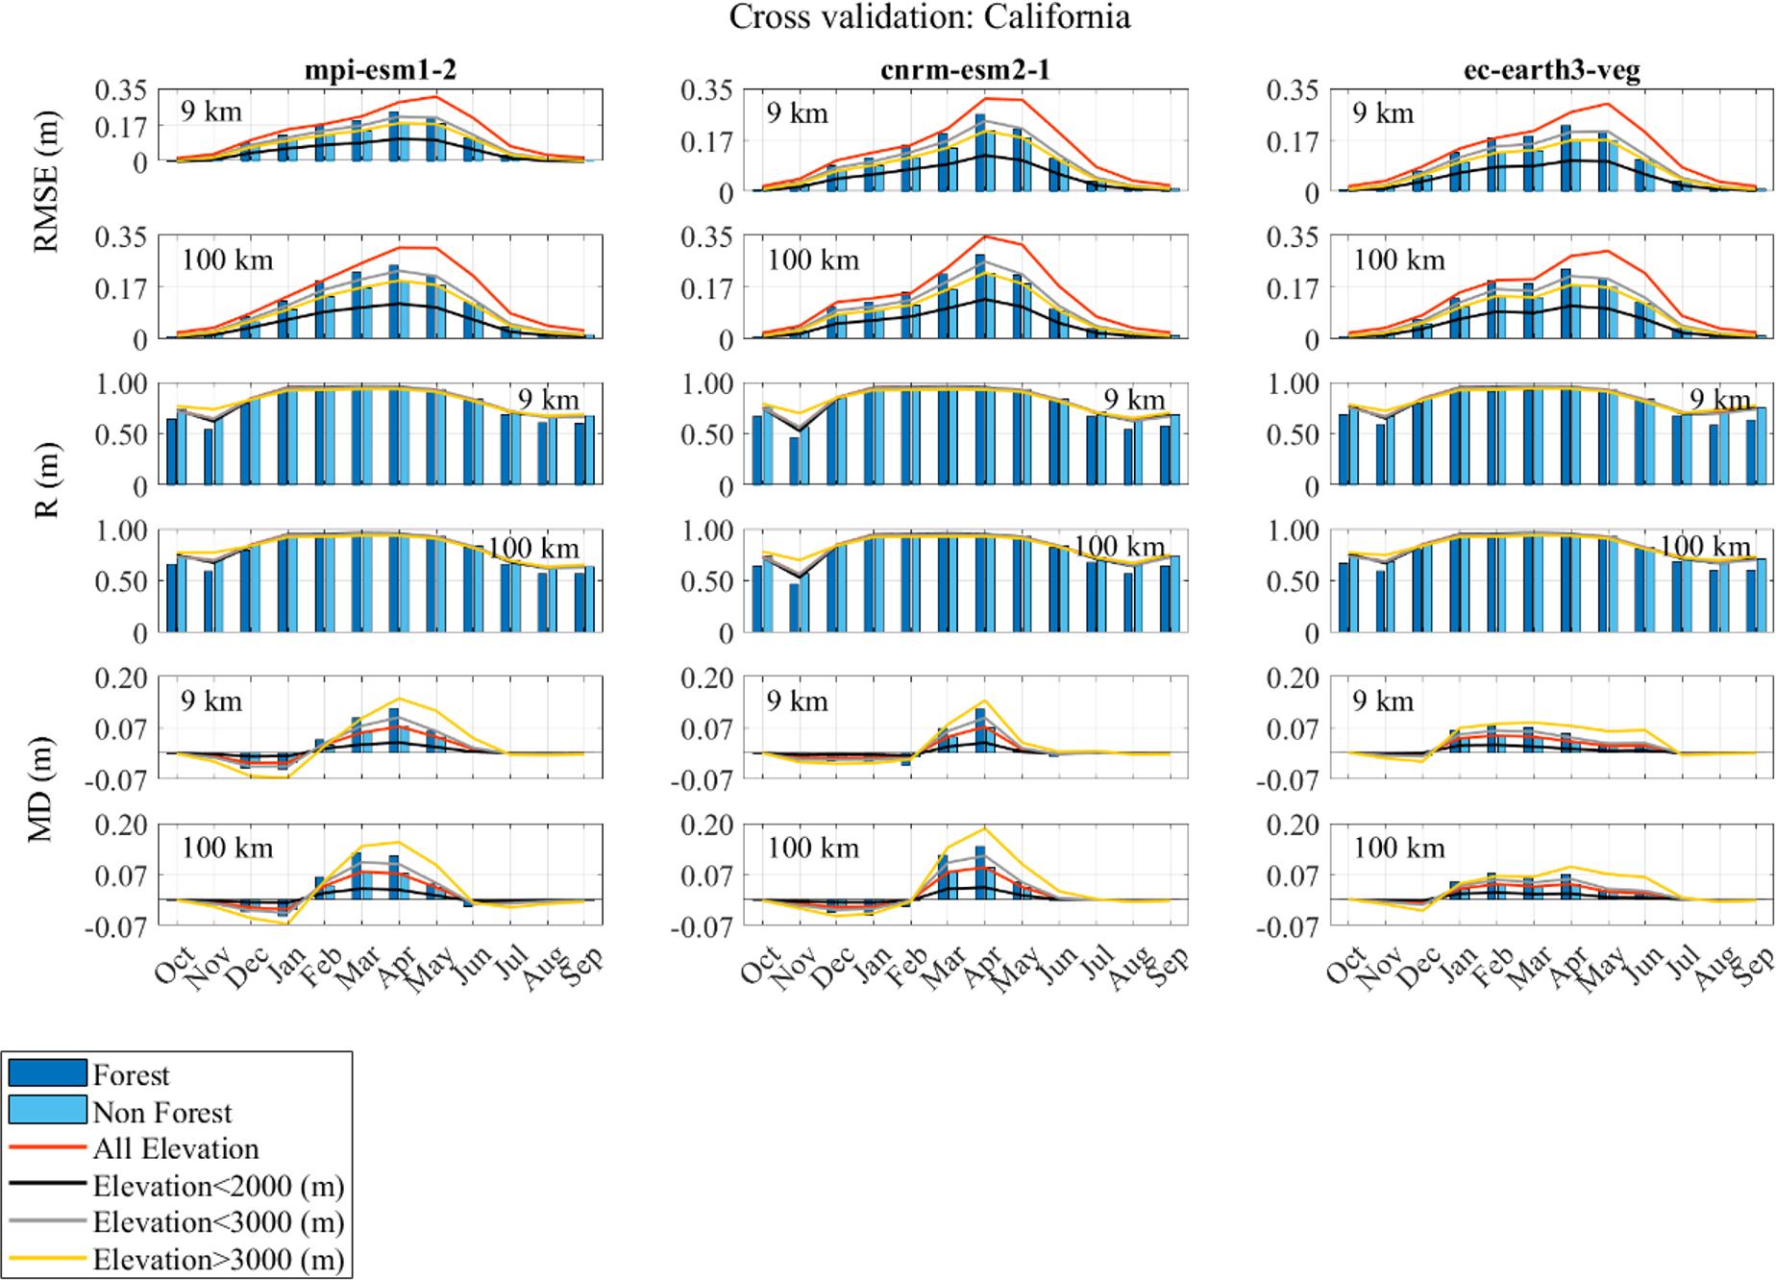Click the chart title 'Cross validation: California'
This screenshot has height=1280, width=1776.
point(929,17)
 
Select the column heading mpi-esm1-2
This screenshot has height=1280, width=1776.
point(381,70)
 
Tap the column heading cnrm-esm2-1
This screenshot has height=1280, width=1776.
point(965,70)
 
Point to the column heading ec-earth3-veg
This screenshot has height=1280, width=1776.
point(1551,70)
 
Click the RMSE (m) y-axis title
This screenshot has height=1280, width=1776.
point(46,183)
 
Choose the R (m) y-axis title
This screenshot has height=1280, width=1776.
point(46,480)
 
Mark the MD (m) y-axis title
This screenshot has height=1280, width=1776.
point(40,789)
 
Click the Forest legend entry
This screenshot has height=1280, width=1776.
point(131,1074)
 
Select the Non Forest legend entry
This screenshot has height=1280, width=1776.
point(161,1112)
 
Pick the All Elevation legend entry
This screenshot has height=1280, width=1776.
point(175,1148)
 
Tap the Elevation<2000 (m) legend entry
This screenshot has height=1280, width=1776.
point(218,1186)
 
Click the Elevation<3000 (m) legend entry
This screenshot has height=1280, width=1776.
point(218,1222)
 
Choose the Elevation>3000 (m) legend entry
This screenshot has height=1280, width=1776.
point(218,1259)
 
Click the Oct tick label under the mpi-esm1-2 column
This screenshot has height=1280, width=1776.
point(174,965)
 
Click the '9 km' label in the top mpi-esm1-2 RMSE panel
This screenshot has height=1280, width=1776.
point(211,111)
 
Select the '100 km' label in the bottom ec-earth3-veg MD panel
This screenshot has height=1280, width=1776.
point(1399,848)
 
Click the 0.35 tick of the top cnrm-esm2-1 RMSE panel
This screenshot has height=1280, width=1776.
point(706,90)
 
